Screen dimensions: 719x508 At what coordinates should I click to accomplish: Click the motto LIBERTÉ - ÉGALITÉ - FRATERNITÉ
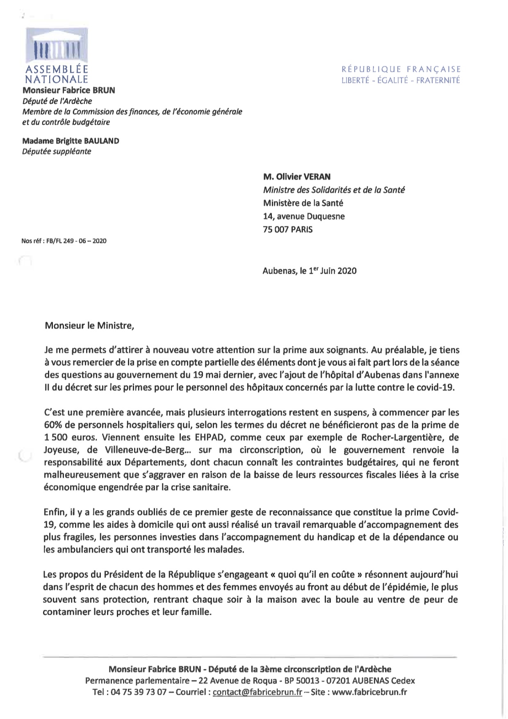click(x=401, y=80)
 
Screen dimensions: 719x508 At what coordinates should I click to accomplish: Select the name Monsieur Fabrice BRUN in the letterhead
click(x=68, y=90)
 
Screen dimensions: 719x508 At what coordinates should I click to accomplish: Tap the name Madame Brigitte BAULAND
click(x=71, y=141)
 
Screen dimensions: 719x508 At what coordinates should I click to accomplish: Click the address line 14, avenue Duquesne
click(x=304, y=216)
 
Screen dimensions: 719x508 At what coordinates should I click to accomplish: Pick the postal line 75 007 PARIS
click(x=287, y=229)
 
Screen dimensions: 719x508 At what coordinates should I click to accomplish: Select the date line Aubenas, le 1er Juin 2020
click(x=310, y=271)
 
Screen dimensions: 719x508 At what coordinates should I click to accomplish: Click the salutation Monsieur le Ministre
click(x=89, y=326)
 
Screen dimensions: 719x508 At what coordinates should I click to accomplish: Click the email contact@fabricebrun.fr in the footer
click(x=257, y=692)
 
